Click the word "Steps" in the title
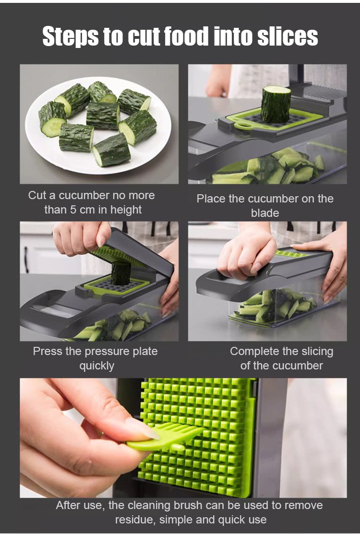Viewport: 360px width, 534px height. (71, 36)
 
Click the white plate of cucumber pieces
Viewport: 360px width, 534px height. (98, 125)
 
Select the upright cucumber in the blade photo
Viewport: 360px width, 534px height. (276, 104)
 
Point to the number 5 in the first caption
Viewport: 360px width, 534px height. (73, 210)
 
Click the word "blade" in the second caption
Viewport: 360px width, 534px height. (265, 213)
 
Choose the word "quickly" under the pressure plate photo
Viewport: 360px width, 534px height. (97, 366)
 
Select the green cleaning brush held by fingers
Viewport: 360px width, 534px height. (165, 437)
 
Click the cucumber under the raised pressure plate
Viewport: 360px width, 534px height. (120, 273)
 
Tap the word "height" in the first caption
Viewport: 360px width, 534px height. (126, 210)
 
